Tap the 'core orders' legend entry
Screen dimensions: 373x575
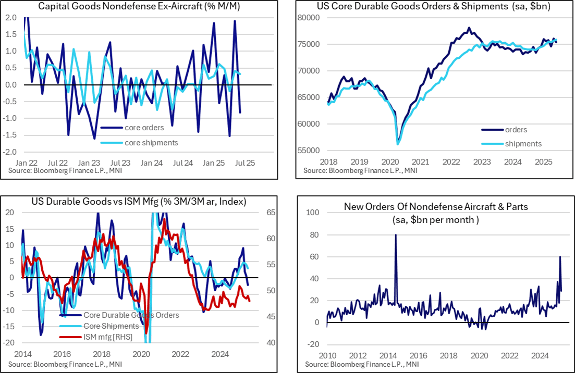pyautogui.click(x=144, y=127)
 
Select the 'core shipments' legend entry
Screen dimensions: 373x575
pyautogui.click(x=151, y=143)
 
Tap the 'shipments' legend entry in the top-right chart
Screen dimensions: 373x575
pyautogui.click(x=523, y=144)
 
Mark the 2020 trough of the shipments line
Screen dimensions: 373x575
pyautogui.click(x=398, y=144)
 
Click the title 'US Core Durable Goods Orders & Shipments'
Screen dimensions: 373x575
pyautogui.click(x=433, y=7)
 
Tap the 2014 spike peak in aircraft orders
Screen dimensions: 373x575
pyautogui.click(x=396, y=235)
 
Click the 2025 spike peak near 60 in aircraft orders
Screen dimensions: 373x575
pyautogui.click(x=560, y=257)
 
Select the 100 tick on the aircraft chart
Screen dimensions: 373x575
pyautogui.click(x=312, y=213)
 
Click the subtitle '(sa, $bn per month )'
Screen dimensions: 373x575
pyautogui.click(x=435, y=220)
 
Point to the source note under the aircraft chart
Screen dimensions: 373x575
pyautogui.click(x=361, y=363)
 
